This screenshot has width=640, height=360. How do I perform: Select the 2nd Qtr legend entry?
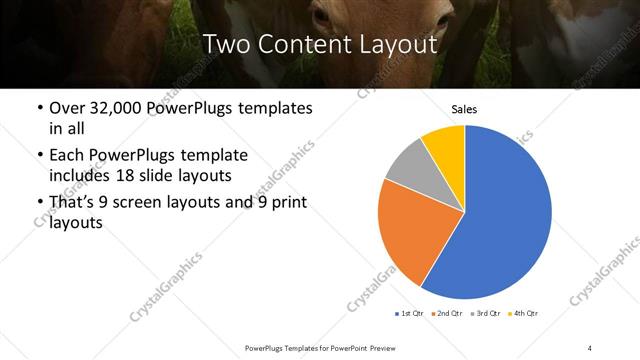click(x=446, y=314)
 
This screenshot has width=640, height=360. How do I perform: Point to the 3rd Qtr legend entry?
click(x=484, y=314)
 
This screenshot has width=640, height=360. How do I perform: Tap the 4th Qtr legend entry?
click(x=522, y=314)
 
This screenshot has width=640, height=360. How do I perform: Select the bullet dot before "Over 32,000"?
click(x=38, y=108)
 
